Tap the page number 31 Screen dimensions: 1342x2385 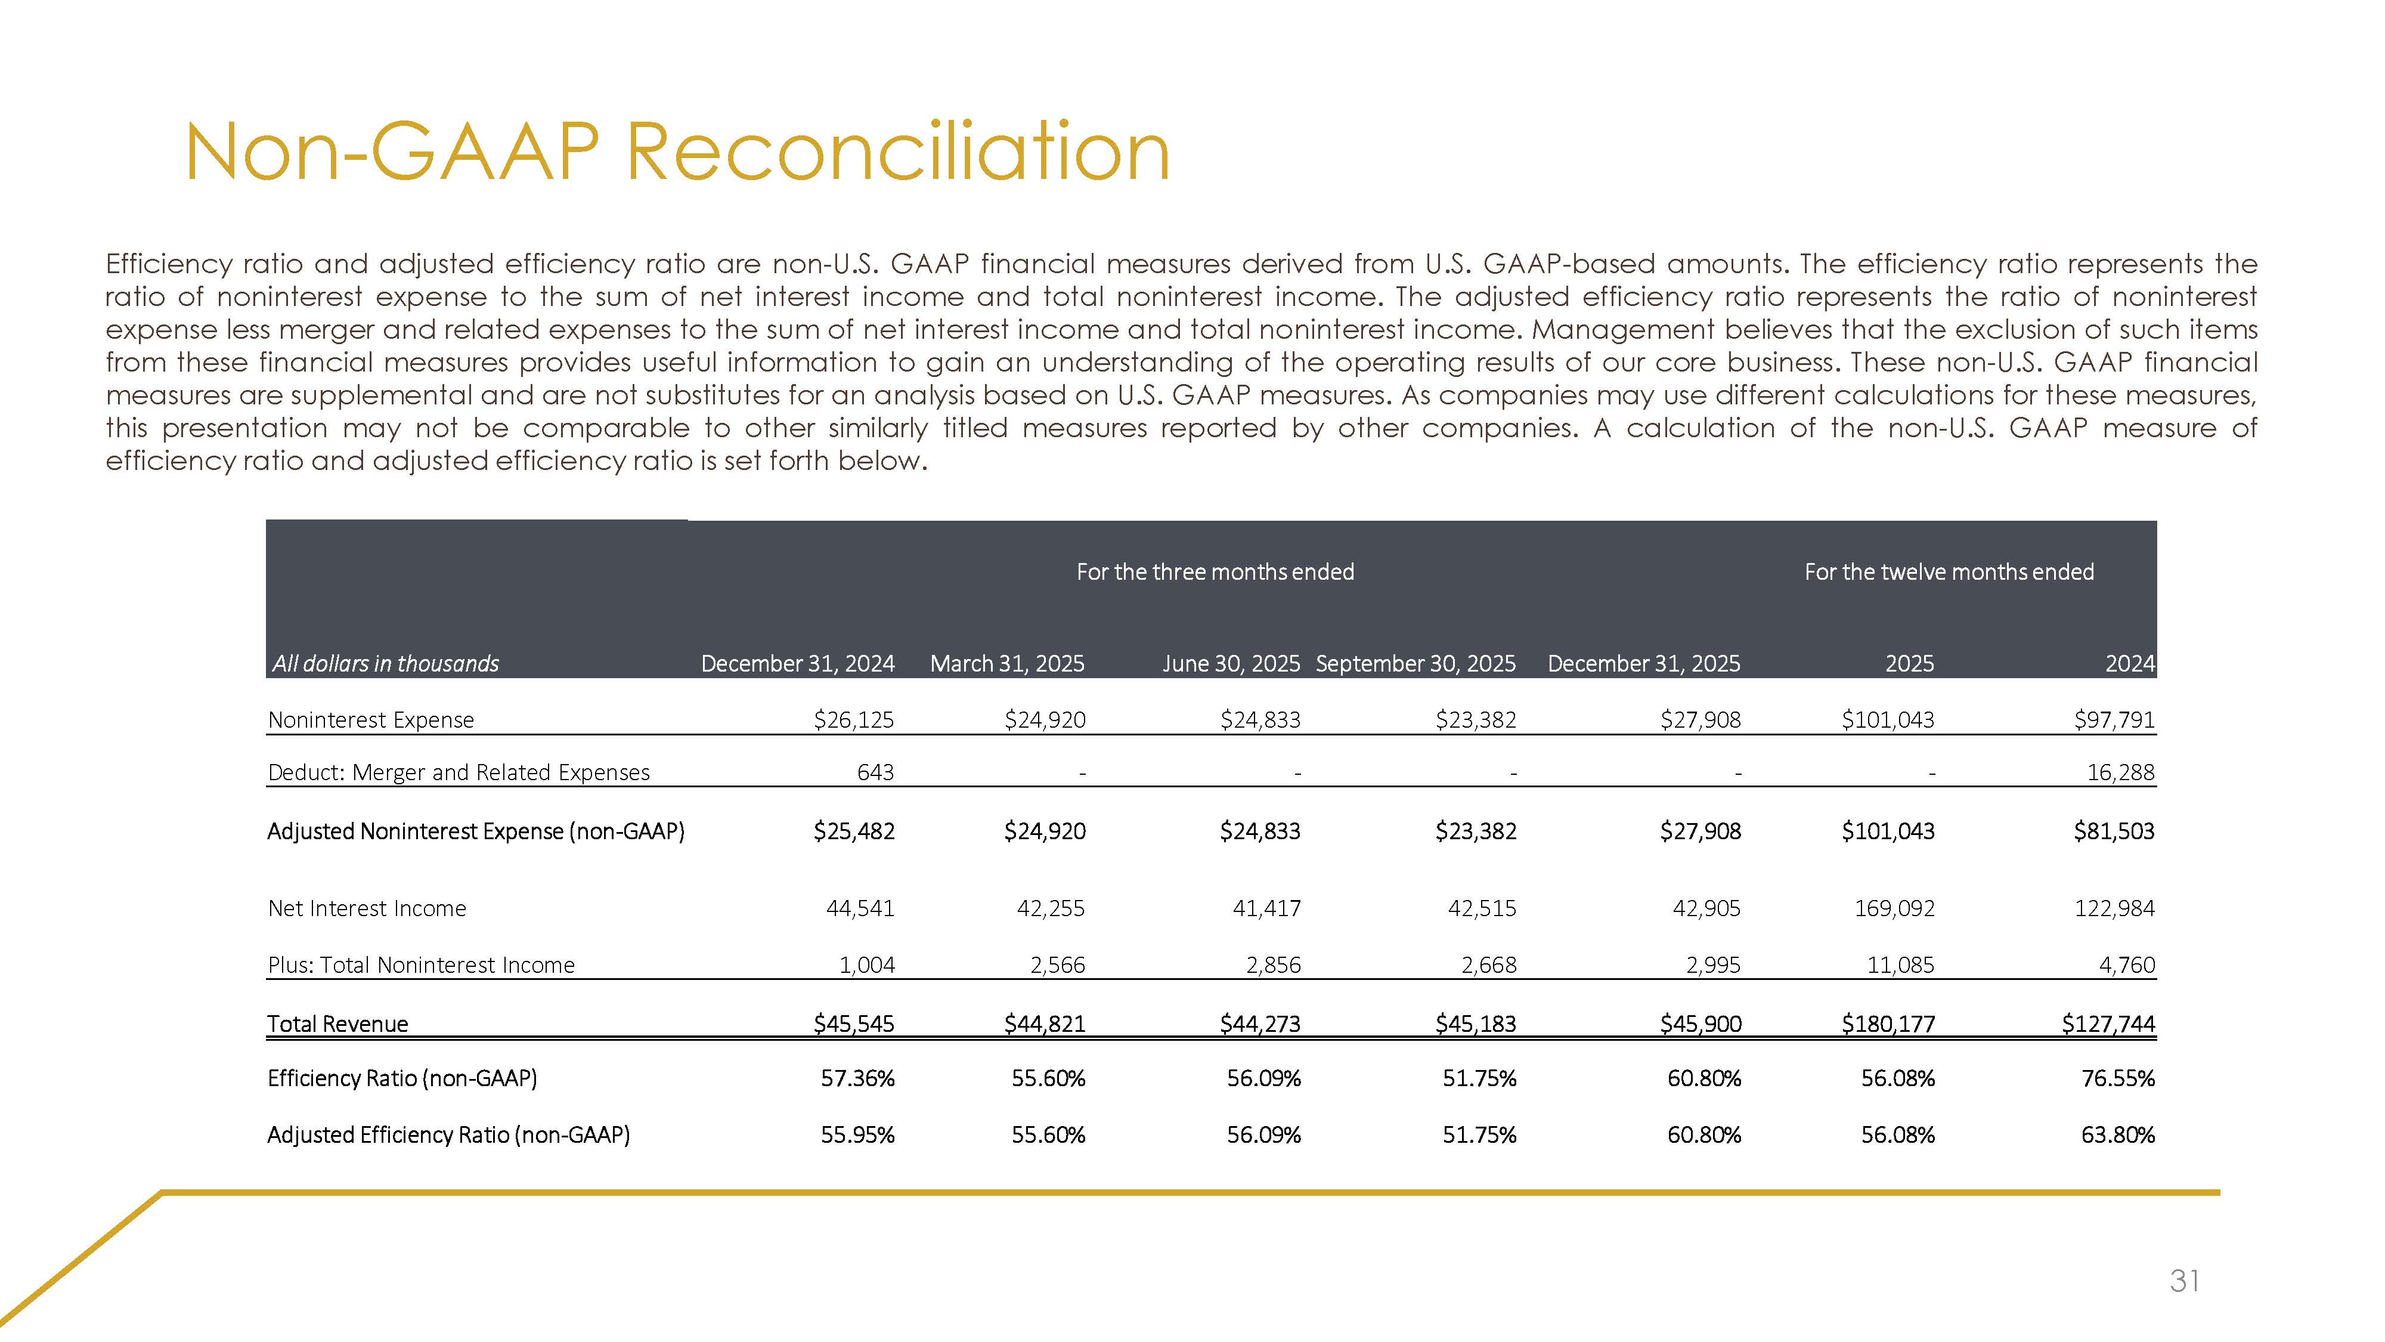(x=2184, y=1281)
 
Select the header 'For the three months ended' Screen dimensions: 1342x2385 (x=1215, y=573)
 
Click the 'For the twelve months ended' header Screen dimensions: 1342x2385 (x=1949, y=573)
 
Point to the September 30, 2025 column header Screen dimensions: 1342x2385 (x=1415, y=664)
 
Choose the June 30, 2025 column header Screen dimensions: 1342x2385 (x=1231, y=664)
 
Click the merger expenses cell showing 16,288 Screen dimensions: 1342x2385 (x=2120, y=772)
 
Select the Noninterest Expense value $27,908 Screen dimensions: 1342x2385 (x=1700, y=720)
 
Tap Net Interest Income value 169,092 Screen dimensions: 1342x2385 (x=1894, y=908)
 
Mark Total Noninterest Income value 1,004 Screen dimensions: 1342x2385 (x=866, y=965)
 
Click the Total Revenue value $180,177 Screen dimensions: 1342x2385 (x=1888, y=1024)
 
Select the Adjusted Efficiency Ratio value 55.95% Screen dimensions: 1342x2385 (x=857, y=1136)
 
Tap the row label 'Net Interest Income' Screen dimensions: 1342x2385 (x=367, y=908)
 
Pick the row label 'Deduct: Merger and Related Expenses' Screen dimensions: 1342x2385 (x=459, y=772)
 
